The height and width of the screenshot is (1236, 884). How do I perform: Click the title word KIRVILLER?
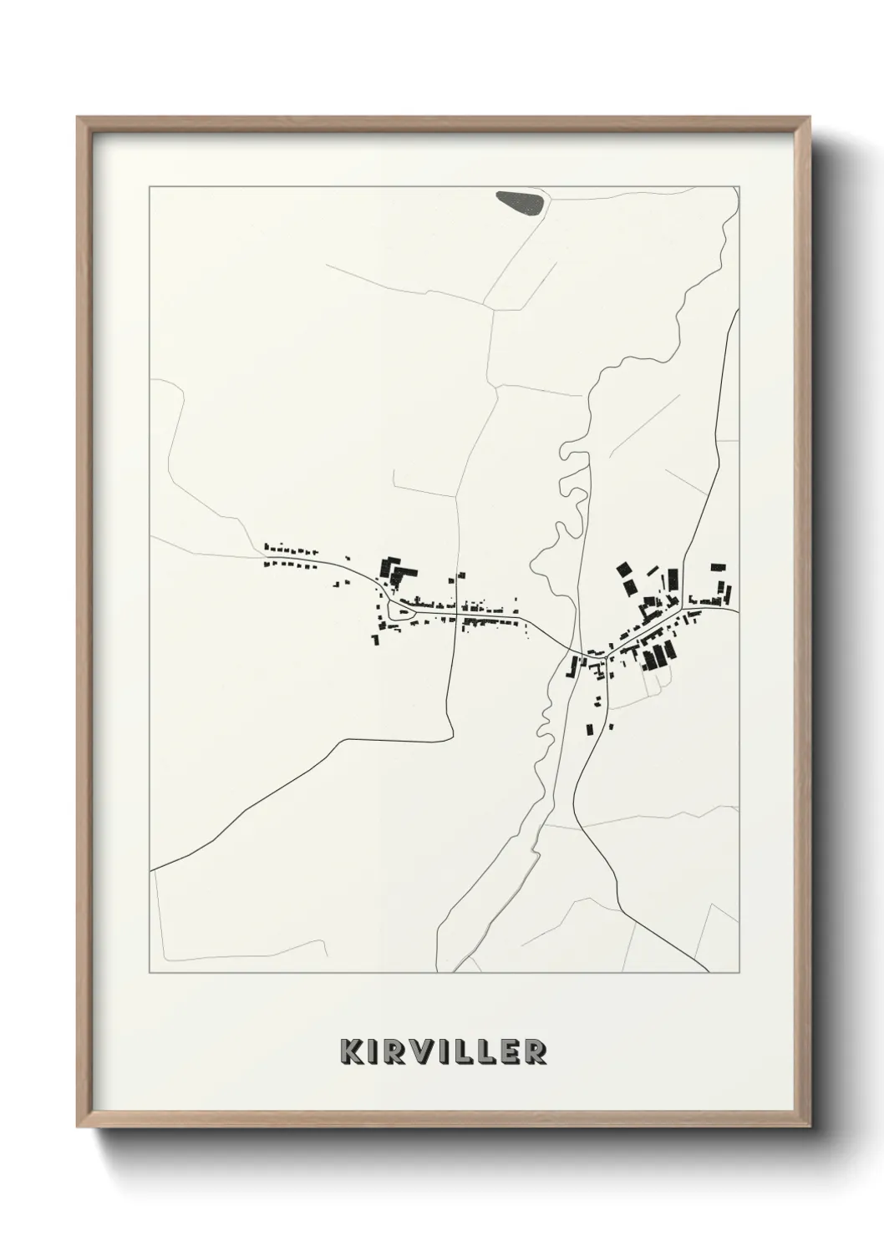[443, 1051]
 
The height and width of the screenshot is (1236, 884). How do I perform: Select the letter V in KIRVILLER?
[423, 1051]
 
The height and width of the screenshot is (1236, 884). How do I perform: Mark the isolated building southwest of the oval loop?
[375, 639]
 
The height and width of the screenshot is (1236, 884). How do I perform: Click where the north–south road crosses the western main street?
[456, 615]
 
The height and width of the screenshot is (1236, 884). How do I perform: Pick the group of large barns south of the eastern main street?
[658, 656]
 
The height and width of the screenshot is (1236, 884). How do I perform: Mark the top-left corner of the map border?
[150, 187]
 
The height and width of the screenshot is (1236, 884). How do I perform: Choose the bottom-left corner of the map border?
[150, 973]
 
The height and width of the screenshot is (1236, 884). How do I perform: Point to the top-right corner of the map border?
[739, 187]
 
